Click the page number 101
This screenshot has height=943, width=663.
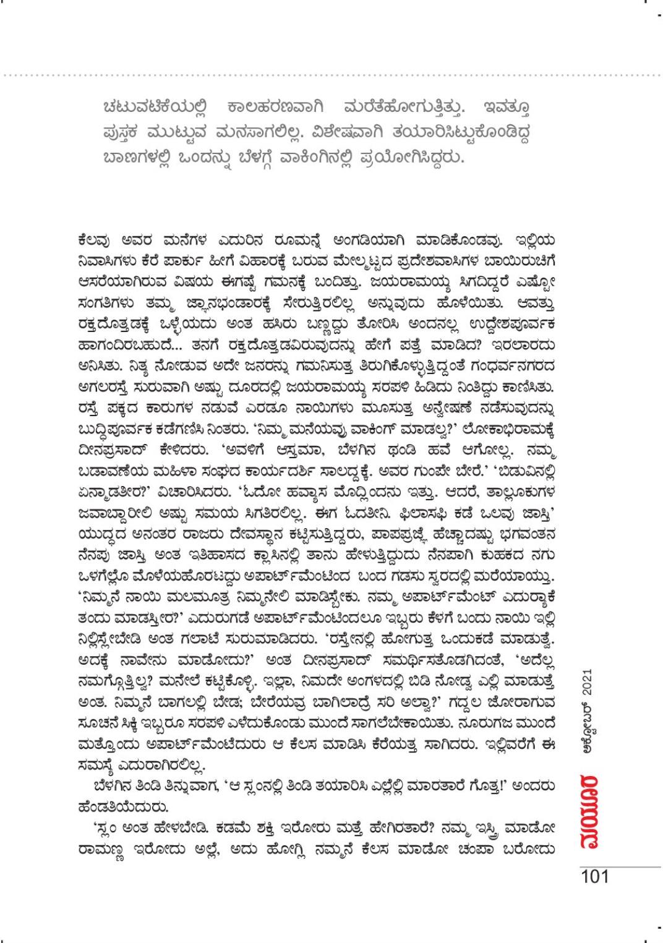point(594,876)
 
